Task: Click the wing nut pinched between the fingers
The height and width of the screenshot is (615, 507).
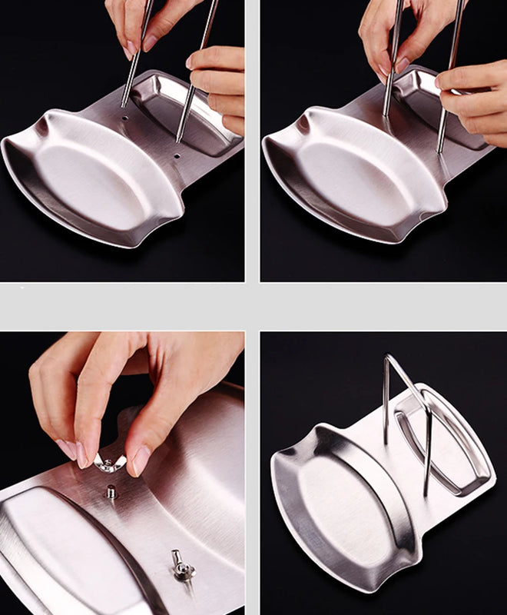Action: [109, 463]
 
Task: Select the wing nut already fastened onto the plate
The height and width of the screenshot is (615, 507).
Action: [181, 567]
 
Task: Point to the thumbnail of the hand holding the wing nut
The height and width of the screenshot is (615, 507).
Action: [141, 460]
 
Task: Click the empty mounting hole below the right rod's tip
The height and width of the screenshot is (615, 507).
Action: [177, 156]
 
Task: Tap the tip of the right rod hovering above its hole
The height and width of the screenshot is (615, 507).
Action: [179, 138]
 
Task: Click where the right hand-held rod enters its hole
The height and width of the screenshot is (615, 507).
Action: [440, 149]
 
